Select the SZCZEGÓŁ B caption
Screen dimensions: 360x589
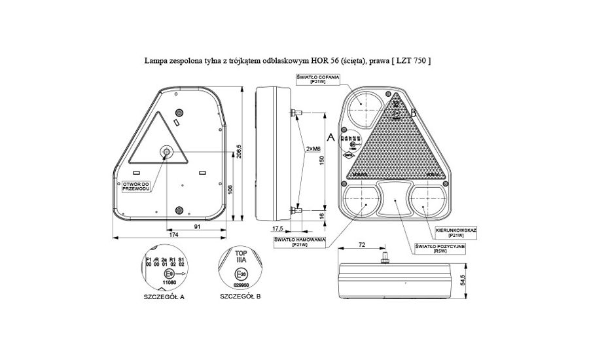click(x=240, y=297)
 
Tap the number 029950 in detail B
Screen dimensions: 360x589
click(x=241, y=285)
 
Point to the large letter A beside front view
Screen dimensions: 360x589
click(x=330, y=137)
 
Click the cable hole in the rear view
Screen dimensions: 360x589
click(x=166, y=153)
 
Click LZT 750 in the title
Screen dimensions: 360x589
click(x=414, y=60)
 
